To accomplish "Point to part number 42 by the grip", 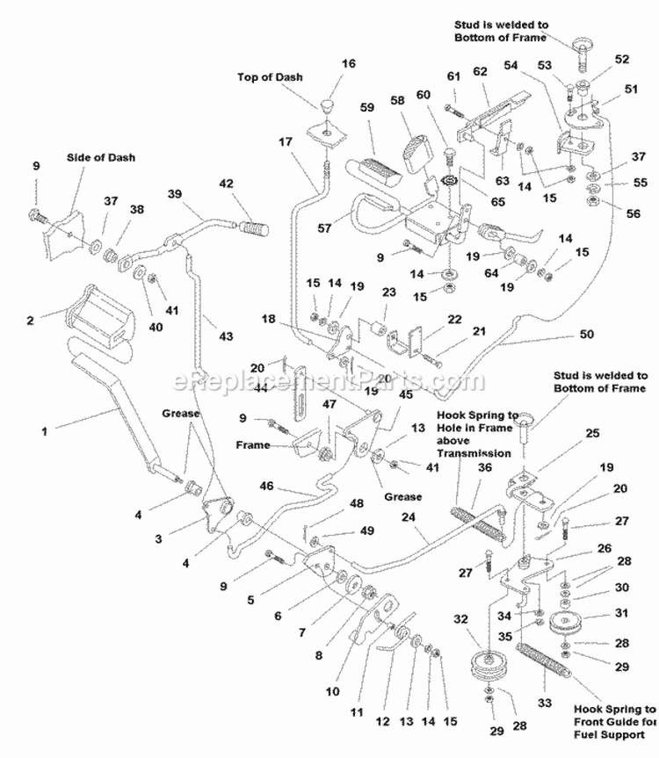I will [x=227, y=184].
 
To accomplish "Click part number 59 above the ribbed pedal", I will [x=367, y=107].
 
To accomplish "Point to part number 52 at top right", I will [x=623, y=59].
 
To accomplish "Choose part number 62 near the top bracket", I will [x=480, y=72].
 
